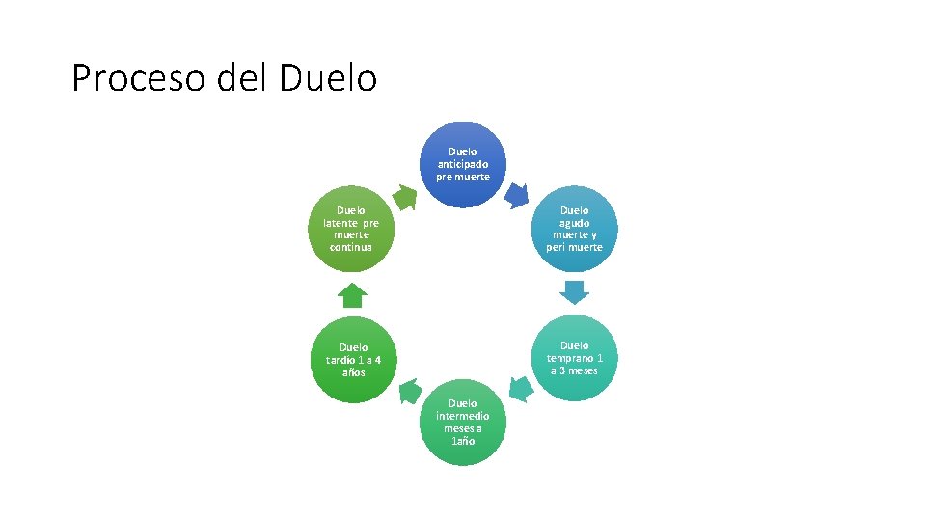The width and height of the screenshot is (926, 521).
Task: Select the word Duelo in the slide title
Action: (328, 77)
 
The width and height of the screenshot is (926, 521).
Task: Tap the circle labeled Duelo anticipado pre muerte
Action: (463, 164)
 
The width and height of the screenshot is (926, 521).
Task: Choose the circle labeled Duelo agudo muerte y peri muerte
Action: (574, 229)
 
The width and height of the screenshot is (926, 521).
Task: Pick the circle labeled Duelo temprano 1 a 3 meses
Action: (574, 358)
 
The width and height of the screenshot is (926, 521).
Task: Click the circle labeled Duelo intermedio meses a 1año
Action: (463, 423)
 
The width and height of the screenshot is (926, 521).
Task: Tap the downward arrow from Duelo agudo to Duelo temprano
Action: (575, 292)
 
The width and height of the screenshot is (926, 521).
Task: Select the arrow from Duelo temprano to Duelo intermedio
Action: (520, 390)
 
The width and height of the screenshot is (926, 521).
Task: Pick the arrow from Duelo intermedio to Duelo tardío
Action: (409, 391)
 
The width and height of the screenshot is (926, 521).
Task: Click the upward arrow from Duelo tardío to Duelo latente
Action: (353, 294)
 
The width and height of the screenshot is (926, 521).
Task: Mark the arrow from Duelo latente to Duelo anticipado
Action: (406, 197)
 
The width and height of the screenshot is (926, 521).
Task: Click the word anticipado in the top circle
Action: (463, 164)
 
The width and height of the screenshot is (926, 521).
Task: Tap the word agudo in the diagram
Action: (575, 222)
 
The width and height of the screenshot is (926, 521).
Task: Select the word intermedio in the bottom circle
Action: (463, 416)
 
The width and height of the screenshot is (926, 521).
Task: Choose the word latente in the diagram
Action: (341, 223)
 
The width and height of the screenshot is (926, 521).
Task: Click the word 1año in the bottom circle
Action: (463, 441)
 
